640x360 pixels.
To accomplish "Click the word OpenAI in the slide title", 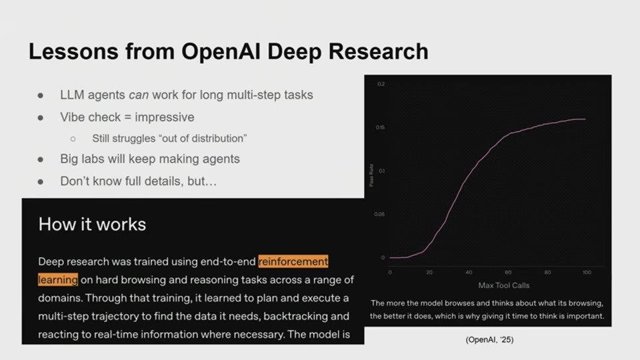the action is [221, 51].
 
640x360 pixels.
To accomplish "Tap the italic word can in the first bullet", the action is [139, 95].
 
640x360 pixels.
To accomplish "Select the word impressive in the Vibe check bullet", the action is [165, 117].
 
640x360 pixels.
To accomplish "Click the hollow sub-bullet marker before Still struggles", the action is [73, 139].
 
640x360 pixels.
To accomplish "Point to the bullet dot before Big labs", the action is [41, 159].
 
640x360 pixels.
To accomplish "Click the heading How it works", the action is [92, 225].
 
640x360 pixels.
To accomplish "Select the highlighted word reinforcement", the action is [293, 261].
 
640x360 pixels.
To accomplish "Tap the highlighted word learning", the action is [57, 279].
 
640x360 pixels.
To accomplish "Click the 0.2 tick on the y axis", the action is [381, 84].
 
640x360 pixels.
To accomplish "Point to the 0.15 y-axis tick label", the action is [380, 127].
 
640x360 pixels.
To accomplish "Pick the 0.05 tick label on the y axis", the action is [379, 214].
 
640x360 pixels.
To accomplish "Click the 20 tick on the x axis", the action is [429, 272].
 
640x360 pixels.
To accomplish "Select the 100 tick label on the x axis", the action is [587, 272].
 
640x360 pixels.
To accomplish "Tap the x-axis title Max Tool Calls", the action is [504, 286].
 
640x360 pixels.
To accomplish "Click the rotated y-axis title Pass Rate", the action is [371, 175].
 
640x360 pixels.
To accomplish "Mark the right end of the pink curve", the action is [586, 119].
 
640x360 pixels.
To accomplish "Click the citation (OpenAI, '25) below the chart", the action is [489, 339].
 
